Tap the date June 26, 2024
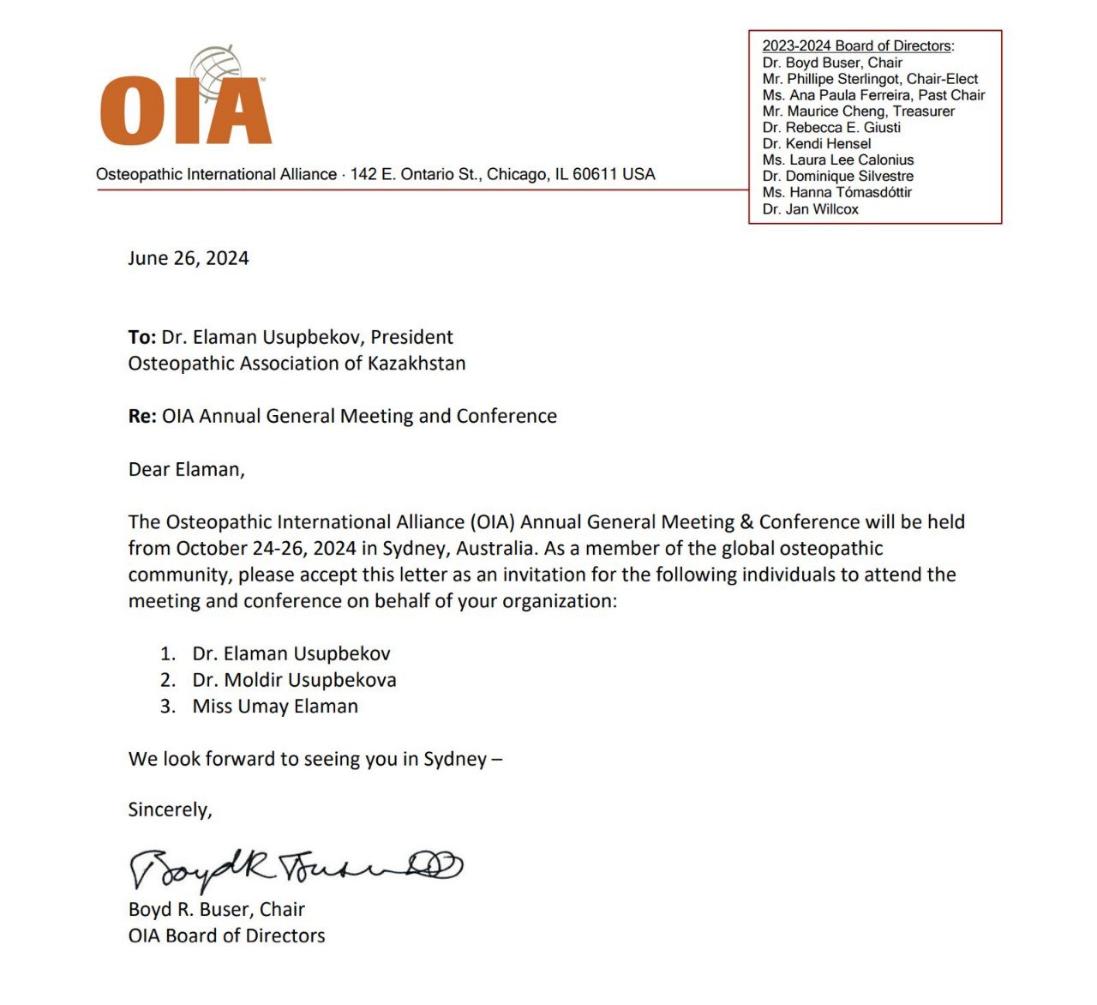click(189, 258)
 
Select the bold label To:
click(142, 337)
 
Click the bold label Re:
click(142, 416)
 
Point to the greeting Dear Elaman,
click(187, 469)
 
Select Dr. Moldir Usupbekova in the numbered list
click(294, 680)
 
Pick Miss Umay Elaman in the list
click(275, 707)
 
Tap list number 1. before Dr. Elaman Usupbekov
click(167, 654)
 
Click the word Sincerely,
click(170, 809)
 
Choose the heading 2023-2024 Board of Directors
click(857, 46)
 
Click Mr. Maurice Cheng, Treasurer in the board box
click(858, 111)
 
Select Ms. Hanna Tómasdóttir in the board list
click(836, 193)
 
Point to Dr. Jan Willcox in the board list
click(810, 209)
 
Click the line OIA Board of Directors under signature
click(227, 936)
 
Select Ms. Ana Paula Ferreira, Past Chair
click(873, 95)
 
